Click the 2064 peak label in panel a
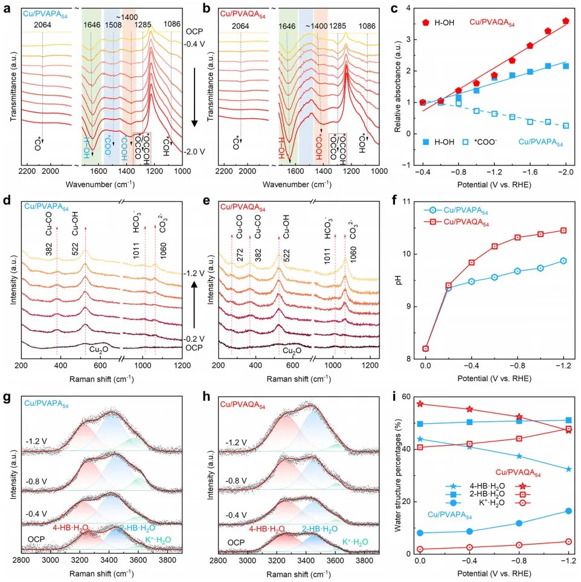(x=42, y=25)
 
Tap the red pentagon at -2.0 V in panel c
(x=565, y=21)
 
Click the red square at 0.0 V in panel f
(x=426, y=348)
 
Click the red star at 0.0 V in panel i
(x=419, y=404)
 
